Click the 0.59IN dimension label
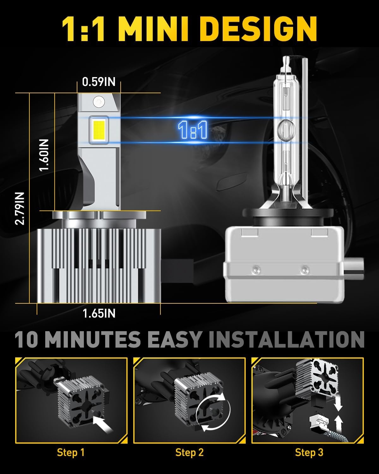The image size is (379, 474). pyautogui.click(x=99, y=82)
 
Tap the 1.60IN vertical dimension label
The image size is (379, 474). pyautogui.click(x=44, y=155)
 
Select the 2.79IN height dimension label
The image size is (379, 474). pyautogui.click(x=19, y=208)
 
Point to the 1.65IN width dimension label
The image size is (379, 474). pyautogui.click(x=99, y=313)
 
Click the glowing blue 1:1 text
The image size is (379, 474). pyautogui.click(x=193, y=130)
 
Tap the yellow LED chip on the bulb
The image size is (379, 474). pyautogui.click(x=99, y=130)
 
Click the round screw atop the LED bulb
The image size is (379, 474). pyautogui.click(x=99, y=102)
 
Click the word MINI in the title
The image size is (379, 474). pyautogui.click(x=154, y=29)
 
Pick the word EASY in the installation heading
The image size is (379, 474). pyautogui.click(x=174, y=339)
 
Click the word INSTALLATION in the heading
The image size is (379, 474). pyautogui.click(x=286, y=339)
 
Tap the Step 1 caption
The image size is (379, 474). pyautogui.click(x=71, y=453)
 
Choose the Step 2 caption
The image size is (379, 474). pyautogui.click(x=189, y=453)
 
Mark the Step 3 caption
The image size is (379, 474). pyautogui.click(x=309, y=453)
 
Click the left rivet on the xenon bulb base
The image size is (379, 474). pyautogui.click(x=256, y=269)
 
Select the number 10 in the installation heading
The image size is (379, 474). pyautogui.click(x=26, y=339)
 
